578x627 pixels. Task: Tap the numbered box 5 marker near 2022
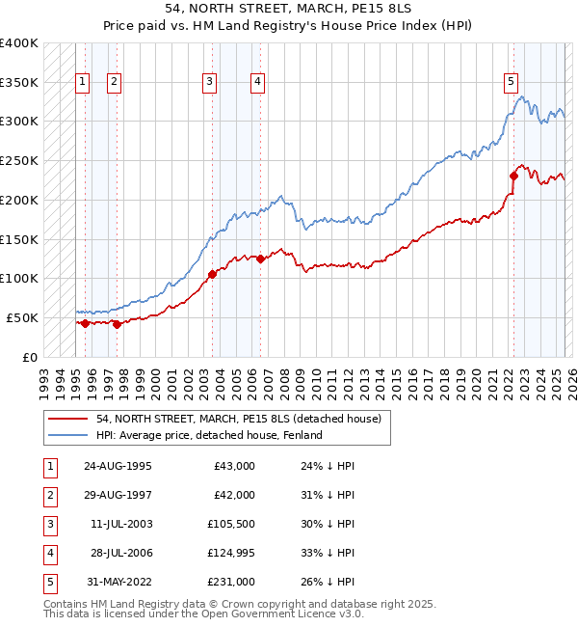(511, 83)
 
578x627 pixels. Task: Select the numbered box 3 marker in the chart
(209, 83)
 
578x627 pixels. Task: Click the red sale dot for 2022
(513, 176)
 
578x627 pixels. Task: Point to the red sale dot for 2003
(212, 274)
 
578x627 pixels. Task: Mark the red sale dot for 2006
(260, 259)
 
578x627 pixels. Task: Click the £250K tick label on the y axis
(19, 160)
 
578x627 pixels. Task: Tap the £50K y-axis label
(22, 317)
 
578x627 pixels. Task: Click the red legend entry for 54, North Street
(238, 419)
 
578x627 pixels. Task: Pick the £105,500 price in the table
(231, 524)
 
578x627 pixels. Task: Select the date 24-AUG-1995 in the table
(118, 466)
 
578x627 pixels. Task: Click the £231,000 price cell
(231, 582)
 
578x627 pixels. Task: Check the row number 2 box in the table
(49, 495)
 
